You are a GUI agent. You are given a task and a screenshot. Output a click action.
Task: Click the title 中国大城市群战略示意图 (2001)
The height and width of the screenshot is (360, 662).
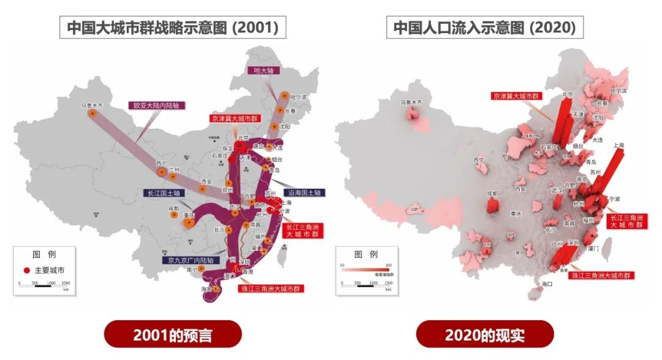[x=173, y=28]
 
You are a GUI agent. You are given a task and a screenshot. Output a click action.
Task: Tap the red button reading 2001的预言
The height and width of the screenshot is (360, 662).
[x=173, y=335]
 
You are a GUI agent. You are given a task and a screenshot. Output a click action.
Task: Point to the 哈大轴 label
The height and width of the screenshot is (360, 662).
[x=263, y=71]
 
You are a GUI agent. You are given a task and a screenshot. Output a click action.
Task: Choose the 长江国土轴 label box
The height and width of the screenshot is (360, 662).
[x=164, y=193]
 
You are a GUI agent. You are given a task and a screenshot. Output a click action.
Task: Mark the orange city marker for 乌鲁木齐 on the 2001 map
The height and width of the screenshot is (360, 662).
[x=93, y=113]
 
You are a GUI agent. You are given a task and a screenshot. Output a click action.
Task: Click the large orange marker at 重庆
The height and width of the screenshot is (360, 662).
[x=188, y=223]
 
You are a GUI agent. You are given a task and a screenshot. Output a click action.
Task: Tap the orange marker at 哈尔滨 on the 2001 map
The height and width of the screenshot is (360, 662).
[x=284, y=96]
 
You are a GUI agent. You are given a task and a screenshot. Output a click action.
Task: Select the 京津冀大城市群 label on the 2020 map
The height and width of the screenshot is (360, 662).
[x=516, y=96]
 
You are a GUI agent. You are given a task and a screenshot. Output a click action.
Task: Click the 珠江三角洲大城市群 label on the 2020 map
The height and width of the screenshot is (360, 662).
[x=601, y=275]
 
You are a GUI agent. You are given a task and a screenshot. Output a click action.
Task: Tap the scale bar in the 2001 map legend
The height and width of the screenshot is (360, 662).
[x=45, y=283]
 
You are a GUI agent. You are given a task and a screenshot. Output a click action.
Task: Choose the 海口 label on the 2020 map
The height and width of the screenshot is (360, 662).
[x=547, y=284]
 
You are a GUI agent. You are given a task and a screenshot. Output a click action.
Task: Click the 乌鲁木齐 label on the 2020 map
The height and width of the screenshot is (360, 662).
[x=411, y=103]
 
